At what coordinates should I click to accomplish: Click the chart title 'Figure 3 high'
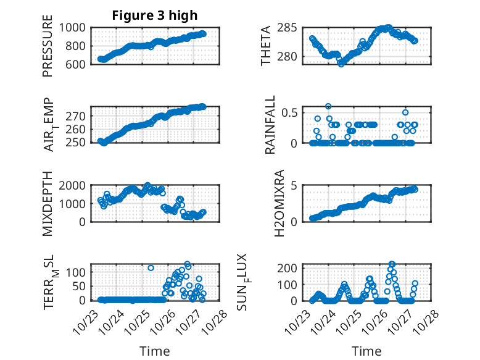(154, 15)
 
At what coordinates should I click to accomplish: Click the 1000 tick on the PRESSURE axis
(76, 27)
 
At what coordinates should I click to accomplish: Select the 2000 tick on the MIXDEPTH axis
(76, 185)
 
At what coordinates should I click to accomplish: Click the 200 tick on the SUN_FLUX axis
(292, 268)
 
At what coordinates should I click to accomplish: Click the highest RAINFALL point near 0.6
(328, 107)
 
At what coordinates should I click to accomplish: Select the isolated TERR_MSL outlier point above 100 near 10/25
(151, 268)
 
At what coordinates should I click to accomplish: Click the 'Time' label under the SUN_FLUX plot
(366, 351)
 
